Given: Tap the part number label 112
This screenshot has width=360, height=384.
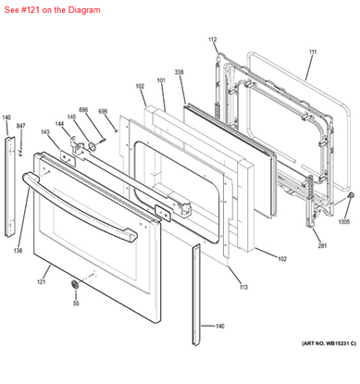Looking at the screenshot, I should point(212,40).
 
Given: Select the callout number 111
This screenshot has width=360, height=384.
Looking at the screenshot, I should point(312,52).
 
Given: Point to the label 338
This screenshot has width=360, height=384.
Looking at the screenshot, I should point(179,71).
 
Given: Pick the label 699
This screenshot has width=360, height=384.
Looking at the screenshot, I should point(104,111).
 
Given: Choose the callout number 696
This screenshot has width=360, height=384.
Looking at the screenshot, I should point(82,110).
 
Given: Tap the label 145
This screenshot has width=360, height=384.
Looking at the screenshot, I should point(72,117).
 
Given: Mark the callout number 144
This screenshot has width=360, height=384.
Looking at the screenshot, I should point(58,124).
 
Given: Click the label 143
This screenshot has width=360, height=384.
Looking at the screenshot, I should point(44,132).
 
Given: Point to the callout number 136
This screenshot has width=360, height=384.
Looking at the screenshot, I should point(18,251).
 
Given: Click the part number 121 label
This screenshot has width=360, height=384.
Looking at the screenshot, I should point(42,281).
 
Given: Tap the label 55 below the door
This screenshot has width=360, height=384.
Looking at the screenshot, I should point(77,303).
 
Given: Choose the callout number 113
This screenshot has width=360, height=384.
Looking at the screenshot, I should point(243,288).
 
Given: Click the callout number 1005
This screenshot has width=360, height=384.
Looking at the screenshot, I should point(344,222).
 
